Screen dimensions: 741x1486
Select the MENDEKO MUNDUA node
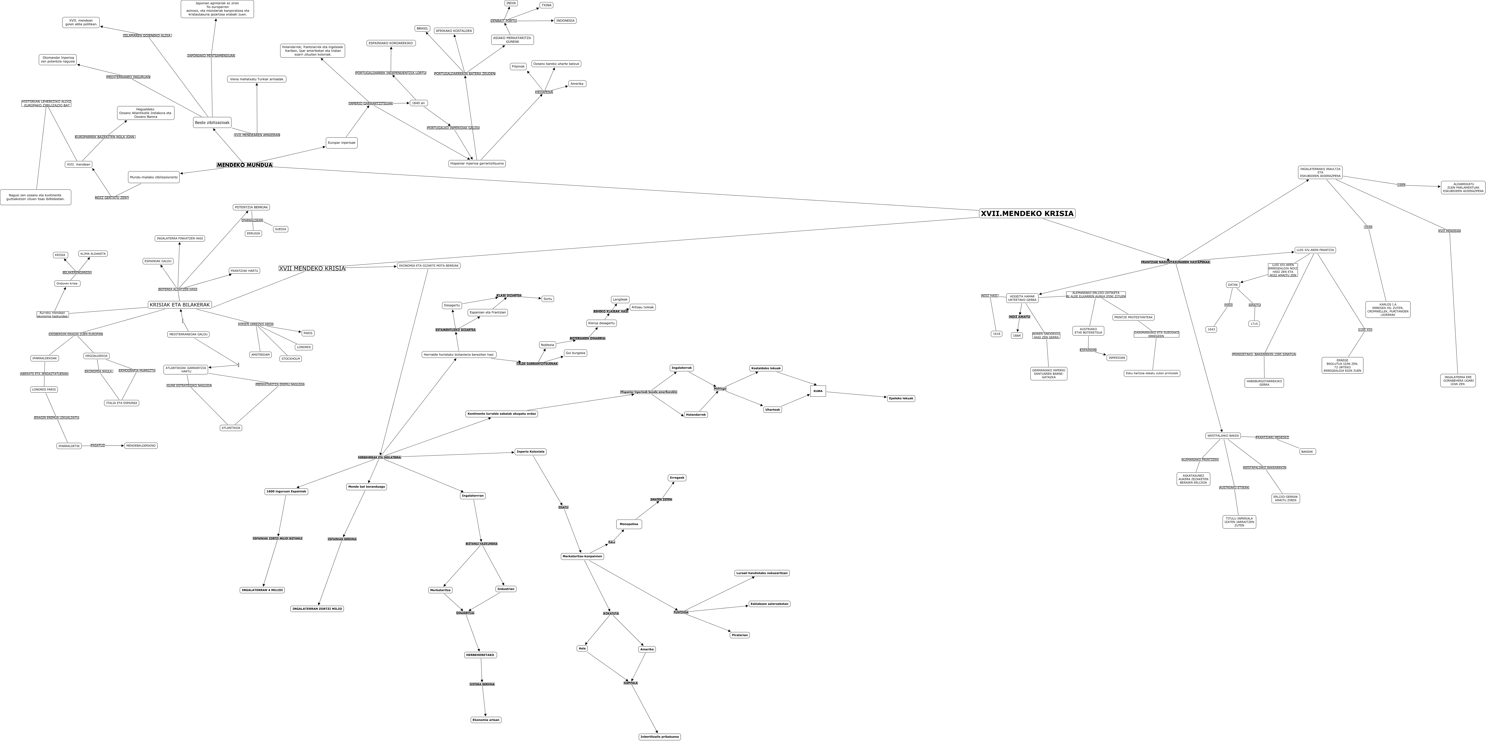click(245, 165)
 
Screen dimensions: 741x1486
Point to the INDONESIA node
click(565, 21)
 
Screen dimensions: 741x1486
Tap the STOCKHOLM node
click(291, 359)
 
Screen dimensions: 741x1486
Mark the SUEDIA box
click(280, 229)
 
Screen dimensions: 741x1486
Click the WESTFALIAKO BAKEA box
click(1223, 436)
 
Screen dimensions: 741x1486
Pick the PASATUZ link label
click(98, 445)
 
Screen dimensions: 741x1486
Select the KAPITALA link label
click(630, 683)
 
